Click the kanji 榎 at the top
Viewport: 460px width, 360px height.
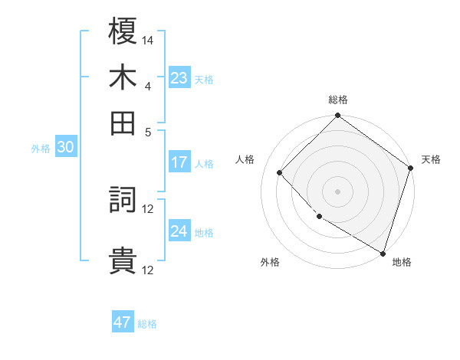coord(123,32)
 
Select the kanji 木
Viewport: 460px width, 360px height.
coord(123,77)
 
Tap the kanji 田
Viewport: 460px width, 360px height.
coord(123,123)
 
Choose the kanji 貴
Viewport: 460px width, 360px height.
coord(123,260)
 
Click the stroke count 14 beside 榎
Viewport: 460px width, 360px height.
coord(148,40)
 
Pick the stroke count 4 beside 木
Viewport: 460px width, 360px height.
coord(148,85)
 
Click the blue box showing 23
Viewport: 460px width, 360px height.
coord(179,77)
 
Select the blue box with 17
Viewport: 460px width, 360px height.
coord(179,162)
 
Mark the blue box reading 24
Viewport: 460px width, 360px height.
coord(179,231)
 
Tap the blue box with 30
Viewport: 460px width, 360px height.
coord(65,148)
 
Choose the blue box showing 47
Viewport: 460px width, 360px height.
coord(123,322)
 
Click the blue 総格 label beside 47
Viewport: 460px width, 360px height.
coord(147,324)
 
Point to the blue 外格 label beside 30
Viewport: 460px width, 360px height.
coord(41,149)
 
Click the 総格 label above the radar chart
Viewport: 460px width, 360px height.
coord(338,100)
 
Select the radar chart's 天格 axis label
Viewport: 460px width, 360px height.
coord(431,159)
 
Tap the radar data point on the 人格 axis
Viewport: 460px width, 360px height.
coord(280,172)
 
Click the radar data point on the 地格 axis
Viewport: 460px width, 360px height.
coord(383,253)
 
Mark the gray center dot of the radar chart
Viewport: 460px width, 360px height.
coord(338,191)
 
